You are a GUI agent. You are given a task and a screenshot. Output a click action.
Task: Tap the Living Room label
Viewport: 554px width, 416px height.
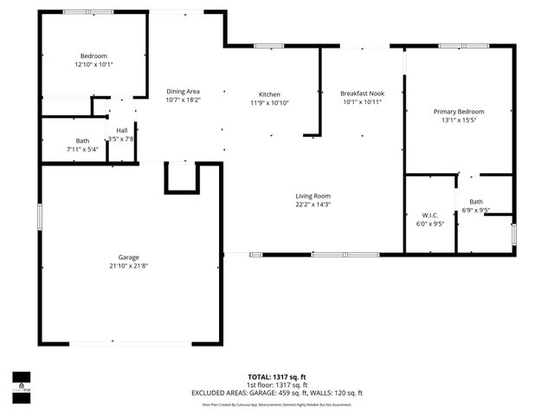pyautogui.click(x=312, y=196)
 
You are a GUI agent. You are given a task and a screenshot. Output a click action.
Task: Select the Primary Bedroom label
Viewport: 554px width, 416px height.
pyautogui.click(x=459, y=112)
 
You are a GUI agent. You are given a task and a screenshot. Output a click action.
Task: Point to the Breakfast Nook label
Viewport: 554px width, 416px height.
pyautogui.click(x=362, y=94)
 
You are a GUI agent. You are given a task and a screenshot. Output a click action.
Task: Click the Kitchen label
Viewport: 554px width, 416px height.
pyautogui.click(x=269, y=94)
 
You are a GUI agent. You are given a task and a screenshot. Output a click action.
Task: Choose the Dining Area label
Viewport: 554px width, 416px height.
pyautogui.click(x=183, y=91)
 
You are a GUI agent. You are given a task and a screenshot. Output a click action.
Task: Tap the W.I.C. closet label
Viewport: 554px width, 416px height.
pyautogui.click(x=430, y=215)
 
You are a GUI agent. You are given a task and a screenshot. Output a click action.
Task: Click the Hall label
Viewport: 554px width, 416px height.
pyautogui.click(x=122, y=131)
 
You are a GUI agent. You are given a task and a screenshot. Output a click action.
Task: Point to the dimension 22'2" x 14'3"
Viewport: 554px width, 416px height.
pyautogui.click(x=312, y=205)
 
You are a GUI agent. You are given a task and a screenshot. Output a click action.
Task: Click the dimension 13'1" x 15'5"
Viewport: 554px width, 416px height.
pyautogui.click(x=459, y=120)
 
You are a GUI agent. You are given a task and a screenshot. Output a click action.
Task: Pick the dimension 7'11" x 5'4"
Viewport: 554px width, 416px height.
pyautogui.click(x=82, y=149)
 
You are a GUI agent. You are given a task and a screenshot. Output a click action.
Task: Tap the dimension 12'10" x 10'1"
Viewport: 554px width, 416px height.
pyautogui.click(x=94, y=64)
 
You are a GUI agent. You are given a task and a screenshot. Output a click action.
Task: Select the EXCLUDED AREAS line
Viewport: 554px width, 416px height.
pyautogui.click(x=277, y=393)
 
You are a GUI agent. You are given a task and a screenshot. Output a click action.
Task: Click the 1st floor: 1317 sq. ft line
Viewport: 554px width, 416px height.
pyautogui.click(x=277, y=385)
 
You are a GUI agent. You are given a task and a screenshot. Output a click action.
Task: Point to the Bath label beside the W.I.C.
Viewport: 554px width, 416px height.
pyautogui.click(x=476, y=201)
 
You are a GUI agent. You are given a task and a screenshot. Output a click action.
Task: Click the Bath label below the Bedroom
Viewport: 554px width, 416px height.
pyautogui.click(x=82, y=140)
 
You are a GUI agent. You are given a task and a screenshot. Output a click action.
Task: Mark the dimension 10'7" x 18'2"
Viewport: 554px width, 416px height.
pyautogui.click(x=183, y=100)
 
